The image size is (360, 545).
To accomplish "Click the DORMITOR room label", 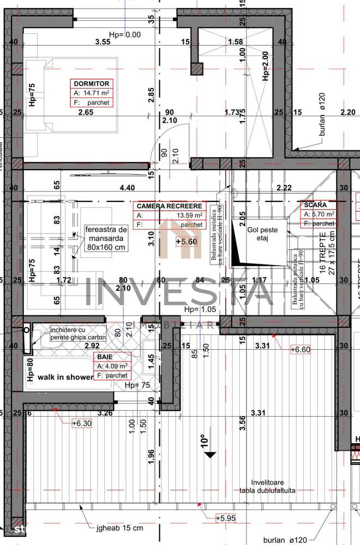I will pyautogui.click(x=92, y=83).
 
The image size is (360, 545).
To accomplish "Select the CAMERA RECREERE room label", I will pyautogui.click(x=170, y=206).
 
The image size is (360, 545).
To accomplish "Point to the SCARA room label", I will pyautogui.click(x=315, y=205).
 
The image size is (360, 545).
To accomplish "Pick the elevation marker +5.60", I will pyautogui.click(x=186, y=241).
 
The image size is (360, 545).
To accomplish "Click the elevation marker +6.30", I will pyautogui.click(x=82, y=422).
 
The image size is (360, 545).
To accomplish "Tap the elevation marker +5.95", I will pyautogui.click(x=225, y=518).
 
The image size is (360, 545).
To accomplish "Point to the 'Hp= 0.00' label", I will pyautogui.click(x=125, y=34).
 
